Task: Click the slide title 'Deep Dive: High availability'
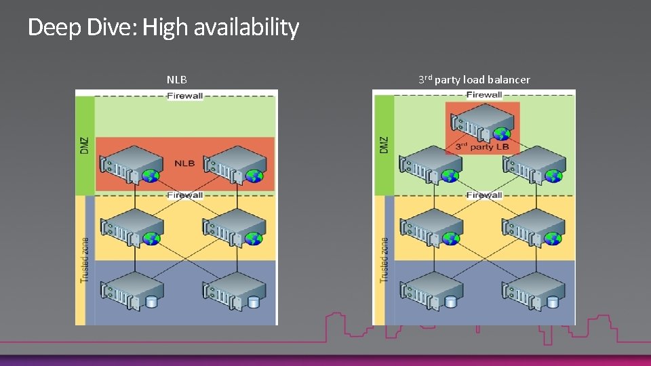pyautogui.click(x=163, y=28)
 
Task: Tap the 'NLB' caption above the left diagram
pyautogui.click(x=177, y=80)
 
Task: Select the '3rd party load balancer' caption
pyautogui.click(x=474, y=80)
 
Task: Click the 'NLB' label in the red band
pyautogui.click(x=184, y=163)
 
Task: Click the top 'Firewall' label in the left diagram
pyautogui.click(x=185, y=96)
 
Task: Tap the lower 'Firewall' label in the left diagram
pyautogui.click(x=185, y=195)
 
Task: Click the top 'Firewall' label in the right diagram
pyautogui.click(x=484, y=95)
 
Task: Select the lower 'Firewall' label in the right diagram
pyautogui.click(x=484, y=195)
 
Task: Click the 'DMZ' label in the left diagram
pyautogui.click(x=85, y=144)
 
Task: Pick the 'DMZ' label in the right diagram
pyautogui.click(x=384, y=144)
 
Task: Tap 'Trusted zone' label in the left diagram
pyautogui.click(x=85, y=260)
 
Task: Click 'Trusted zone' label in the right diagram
pyautogui.click(x=384, y=260)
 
